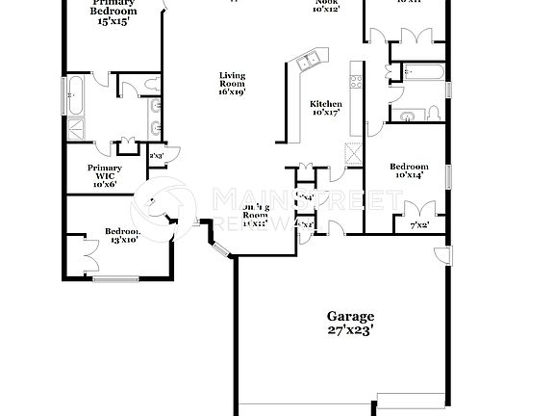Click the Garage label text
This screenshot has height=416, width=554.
click(350, 316)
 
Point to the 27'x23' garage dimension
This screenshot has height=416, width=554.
click(350, 329)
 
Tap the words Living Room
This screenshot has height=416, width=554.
click(233, 80)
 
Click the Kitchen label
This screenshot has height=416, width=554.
click(326, 103)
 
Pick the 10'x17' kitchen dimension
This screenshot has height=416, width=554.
click(326, 114)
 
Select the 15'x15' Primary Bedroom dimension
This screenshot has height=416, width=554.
click(113, 21)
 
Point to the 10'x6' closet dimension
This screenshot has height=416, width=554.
click(105, 184)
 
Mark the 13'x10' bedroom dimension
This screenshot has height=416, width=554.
click(122, 240)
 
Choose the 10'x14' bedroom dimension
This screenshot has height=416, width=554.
click(409, 176)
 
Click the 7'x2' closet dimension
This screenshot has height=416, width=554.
click(418, 226)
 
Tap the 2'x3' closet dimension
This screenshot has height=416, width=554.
click(156, 154)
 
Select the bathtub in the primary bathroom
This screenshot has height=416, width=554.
click(77, 98)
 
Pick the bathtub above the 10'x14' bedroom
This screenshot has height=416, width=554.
click(420, 71)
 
